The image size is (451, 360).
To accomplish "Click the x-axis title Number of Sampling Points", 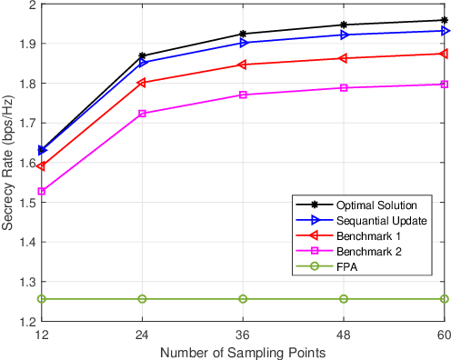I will [x=243, y=351].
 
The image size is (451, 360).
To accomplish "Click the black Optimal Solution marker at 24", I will [x=142, y=56].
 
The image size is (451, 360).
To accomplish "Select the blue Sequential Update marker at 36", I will [x=243, y=43].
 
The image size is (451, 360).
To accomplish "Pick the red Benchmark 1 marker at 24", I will [x=142, y=83].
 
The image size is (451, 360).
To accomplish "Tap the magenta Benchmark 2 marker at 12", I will [x=41, y=192].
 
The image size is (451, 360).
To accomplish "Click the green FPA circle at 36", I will [x=243, y=299].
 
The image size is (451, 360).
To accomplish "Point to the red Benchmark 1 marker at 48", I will [x=344, y=58].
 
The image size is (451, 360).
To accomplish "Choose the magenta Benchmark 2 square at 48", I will [x=344, y=88].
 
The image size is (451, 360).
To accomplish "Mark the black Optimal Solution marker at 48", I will [x=344, y=25].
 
